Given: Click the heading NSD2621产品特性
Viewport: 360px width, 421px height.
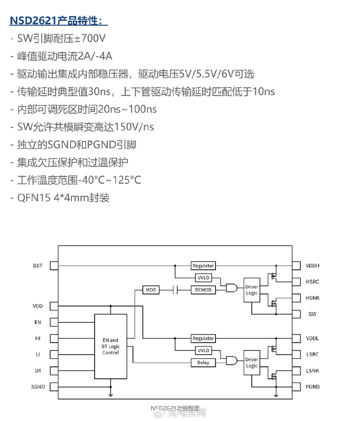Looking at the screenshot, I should (59, 21).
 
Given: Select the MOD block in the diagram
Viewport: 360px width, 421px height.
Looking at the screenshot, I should (151, 290).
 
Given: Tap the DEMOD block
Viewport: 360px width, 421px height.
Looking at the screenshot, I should (203, 290).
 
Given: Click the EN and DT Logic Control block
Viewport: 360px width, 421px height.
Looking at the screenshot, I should (111, 346).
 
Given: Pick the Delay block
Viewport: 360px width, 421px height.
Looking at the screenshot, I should (203, 363).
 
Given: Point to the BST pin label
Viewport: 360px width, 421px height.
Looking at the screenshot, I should (38, 266).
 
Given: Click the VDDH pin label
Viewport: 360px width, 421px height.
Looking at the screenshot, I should (312, 266).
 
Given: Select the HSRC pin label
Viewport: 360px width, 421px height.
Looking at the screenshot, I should (312, 282).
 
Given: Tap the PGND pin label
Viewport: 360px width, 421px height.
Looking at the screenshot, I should (312, 387).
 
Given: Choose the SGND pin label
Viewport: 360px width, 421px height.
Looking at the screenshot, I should (38, 387).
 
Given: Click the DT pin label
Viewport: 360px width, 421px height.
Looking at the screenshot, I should (38, 371).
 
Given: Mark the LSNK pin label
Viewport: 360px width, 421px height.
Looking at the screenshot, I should (312, 371).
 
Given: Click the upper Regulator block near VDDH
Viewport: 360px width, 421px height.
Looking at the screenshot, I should (203, 266).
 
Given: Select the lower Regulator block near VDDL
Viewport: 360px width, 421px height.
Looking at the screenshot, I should (203, 338).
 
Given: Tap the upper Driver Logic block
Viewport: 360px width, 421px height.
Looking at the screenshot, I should (251, 290).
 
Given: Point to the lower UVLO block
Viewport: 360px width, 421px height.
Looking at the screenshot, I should (203, 350).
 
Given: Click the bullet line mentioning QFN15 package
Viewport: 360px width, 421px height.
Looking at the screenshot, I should (61, 198).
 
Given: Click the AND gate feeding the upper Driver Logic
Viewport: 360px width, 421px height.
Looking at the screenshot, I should (231, 287).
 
